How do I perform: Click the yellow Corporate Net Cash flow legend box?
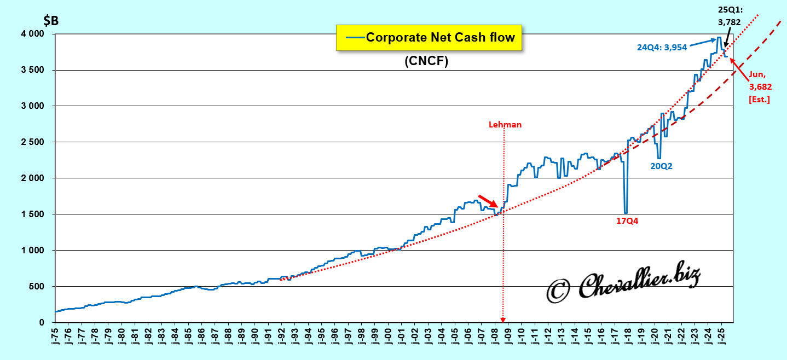click(428, 37)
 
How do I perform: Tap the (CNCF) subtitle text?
click(426, 62)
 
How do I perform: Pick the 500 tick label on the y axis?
click(40, 287)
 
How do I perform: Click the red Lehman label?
click(505, 125)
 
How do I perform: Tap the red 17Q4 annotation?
click(627, 222)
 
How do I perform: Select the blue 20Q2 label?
click(661, 166)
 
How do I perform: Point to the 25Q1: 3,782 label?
click(730, 17)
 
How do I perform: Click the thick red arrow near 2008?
click(488, 201)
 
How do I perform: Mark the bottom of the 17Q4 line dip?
click(626, 213)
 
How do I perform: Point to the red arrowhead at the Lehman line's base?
click(503, 320)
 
